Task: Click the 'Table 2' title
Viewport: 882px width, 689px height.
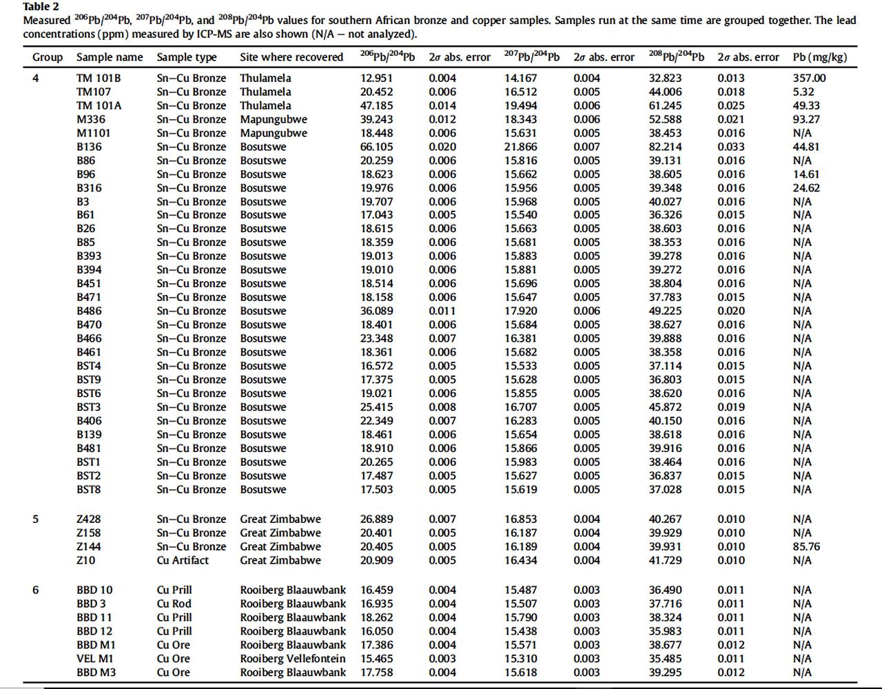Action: coord(41,7)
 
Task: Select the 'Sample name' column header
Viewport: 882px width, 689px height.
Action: coord(110,57)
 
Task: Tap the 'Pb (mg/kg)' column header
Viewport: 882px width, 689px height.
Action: coord(819,57)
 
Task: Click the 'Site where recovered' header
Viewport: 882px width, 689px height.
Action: coord(291,57)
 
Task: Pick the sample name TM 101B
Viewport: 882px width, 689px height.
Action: coord(99,78)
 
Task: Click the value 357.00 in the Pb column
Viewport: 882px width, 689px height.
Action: coord(809,78)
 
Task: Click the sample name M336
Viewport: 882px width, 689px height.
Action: coord(91,119)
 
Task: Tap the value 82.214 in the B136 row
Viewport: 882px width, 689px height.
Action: coord(665,147)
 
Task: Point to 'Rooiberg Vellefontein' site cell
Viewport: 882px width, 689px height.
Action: coord(293,659)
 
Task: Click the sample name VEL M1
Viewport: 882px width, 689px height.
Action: coord(95,659)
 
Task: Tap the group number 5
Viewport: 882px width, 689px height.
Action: coord(36,519)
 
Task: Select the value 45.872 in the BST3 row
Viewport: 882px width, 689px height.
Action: coord(665,407)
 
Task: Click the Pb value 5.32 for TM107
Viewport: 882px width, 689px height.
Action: coord(803,92)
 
